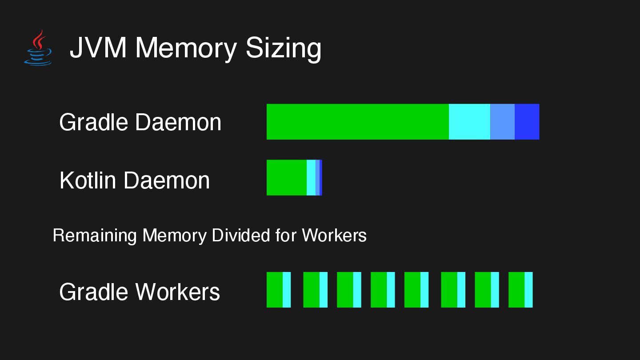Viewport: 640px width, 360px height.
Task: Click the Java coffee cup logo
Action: [x=38, y=48]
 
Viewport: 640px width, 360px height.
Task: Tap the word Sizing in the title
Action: [x=283, y=48]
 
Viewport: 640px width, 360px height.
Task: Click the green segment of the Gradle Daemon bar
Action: [x=357, y=122]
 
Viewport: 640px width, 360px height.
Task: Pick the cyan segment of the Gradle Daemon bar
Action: [x=469, y=122]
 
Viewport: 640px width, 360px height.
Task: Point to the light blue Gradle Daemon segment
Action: [x=502, y=122]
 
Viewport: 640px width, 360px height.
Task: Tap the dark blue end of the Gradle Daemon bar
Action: [x=527, y=122]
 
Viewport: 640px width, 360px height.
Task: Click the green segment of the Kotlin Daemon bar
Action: [x=286, y=177]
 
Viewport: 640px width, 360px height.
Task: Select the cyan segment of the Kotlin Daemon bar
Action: [x=311, y=177]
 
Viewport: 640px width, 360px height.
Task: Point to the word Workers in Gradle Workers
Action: [x=177, y=292]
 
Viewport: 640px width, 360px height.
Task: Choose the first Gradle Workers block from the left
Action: [x=279, y=289]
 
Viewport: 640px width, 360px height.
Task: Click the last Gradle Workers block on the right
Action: [x=520, y=289]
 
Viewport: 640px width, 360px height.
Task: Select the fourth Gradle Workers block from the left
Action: [x=383, y=289]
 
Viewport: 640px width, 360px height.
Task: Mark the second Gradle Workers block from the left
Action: [x=315, y=289]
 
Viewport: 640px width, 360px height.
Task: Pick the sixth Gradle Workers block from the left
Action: [x=453, y=289]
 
